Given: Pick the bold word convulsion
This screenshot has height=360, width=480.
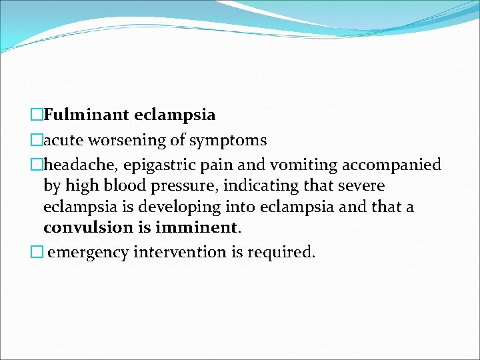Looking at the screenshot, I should tap(86, 227).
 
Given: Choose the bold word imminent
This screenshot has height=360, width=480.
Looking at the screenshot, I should tap(198, 227).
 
